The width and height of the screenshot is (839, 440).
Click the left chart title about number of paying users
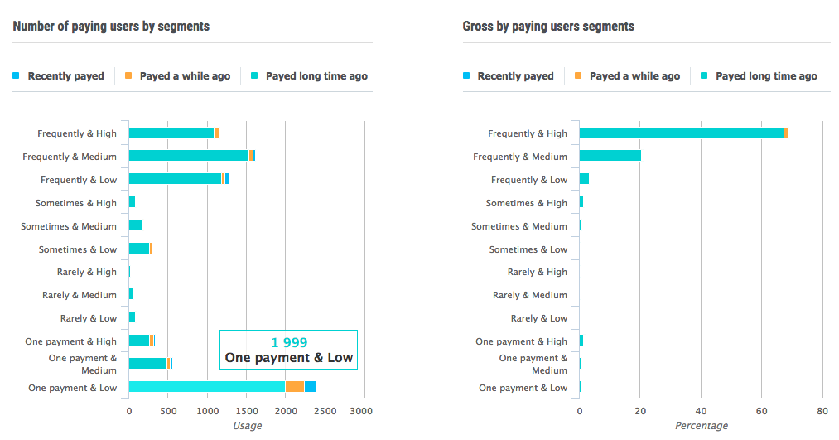pyautogui.click(x=111, y=27)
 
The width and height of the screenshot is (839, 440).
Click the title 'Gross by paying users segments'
pyautogui.click(x=548, y=27)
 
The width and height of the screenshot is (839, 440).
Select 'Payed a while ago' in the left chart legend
pyautogui.click(x=184, y=76)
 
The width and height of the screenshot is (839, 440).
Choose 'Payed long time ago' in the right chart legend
pyautogui.click(x=765, y=76)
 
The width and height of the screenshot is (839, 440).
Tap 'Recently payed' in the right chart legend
pyautogui.click(x=514, y=76)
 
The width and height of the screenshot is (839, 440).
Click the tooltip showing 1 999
pyautogui.click(x=288, y=350)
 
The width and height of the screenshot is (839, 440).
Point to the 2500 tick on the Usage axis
pyautogui.click(x=324, y=410)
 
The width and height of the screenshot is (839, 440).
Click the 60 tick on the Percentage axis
pyautogui.click(x=762, y=410)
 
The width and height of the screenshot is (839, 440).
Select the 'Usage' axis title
pyautogui.click(x=246, y=426)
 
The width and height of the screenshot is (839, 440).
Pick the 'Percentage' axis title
pyautogui.click(x=700, y=426)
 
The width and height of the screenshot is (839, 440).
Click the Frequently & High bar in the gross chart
pyautogui.click(x=681, y=133)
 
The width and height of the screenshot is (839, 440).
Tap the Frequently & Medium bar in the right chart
pyautogui.click(x=610, y=156)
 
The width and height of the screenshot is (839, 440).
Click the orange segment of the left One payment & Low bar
pyautogui.click(x=294, y=387)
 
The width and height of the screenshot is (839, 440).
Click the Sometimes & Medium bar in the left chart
pyautogui.click(x=136, y=225)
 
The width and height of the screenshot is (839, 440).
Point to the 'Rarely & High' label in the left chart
pyautogui.click(x=87, y=272)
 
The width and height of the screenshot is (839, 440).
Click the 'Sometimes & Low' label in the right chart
pyautogui.click(x=528, y=249)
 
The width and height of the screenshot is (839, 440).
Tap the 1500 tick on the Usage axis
pyautogui.click(x=246, y=410)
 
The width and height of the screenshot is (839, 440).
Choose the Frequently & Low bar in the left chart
pyautogui.click(x=176, y=179)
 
